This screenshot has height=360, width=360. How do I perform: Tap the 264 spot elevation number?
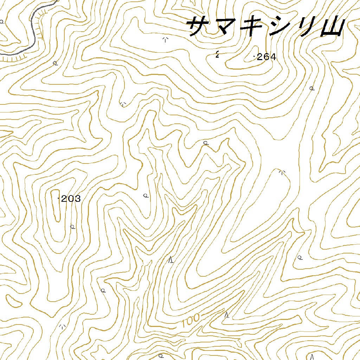(266, 57)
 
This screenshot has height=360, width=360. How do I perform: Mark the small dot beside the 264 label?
(254, 56)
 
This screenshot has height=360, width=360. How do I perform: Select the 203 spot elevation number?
(71, 199)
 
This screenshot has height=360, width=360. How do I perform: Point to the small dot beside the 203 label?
(58, 198)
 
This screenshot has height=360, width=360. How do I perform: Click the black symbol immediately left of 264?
(217, 54)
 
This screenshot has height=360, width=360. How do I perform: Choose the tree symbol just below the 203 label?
(72, 227)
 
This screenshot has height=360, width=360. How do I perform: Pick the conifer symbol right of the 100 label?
(227, 315)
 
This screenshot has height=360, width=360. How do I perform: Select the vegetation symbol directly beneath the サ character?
(165, 39)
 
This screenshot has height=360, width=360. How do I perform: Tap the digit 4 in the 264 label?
(273, 57)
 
